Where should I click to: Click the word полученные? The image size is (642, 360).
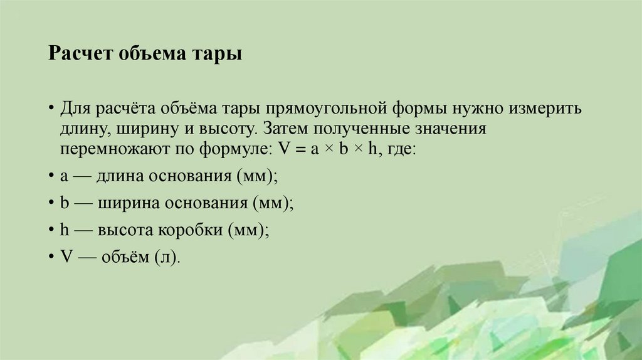pos(363,130)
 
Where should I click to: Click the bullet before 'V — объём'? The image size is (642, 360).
pos(50,257)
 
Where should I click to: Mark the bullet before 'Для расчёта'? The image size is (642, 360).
pos(50,109)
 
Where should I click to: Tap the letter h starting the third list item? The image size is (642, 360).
pos(64,230)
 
